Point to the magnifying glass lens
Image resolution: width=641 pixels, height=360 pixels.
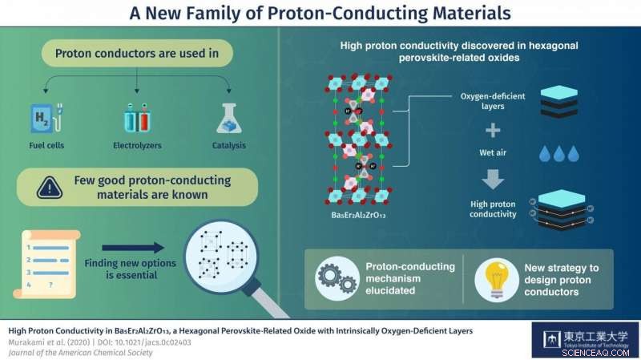pyautogui.click(x=216, y=257)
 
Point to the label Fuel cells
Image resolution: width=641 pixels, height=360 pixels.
pyautogui.click(x=45, y=146)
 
